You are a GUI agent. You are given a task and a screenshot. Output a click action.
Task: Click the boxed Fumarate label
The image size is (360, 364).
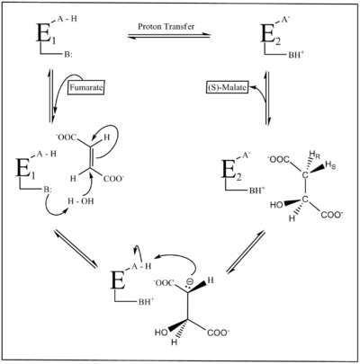(x=86, y=88)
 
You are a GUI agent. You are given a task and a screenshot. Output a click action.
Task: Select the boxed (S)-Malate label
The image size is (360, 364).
(x=227, y=88)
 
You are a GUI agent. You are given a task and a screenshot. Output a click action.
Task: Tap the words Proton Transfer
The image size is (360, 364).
(x=166, y=26)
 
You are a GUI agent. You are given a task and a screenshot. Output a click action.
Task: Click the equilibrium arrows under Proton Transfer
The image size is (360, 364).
(x=169, y=36)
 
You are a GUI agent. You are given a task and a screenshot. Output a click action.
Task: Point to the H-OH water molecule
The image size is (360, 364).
(x=81, y=201)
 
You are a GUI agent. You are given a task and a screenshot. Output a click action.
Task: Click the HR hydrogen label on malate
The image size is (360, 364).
(x=312, y=155)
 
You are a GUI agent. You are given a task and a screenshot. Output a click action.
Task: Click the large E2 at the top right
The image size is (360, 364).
(x=270, y=33)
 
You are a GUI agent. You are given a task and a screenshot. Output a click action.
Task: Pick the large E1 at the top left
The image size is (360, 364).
(x=46, y=33)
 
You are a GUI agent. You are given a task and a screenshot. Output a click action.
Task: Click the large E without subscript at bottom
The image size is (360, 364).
(x=118, y=280)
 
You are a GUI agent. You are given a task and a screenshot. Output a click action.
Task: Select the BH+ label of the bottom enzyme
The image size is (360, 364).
(x=146, y=302)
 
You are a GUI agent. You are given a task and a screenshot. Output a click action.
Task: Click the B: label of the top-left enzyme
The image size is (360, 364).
(x=67, y=55)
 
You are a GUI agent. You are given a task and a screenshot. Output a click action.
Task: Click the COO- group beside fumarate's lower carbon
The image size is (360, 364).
(x=113, y=179)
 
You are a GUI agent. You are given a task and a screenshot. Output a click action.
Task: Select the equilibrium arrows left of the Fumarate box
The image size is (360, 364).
(x=51, y=95)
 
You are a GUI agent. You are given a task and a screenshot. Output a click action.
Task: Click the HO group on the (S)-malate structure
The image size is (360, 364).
(x=276, y=205)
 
